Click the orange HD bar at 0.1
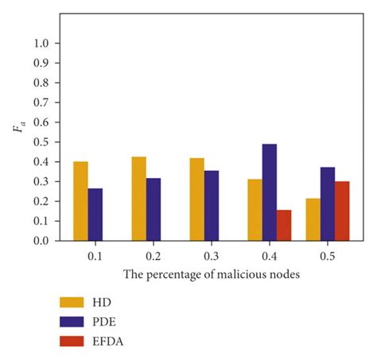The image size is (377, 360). click(80, 201)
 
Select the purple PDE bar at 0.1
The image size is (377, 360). click(95, 215)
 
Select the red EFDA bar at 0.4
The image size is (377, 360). click(284, 225)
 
